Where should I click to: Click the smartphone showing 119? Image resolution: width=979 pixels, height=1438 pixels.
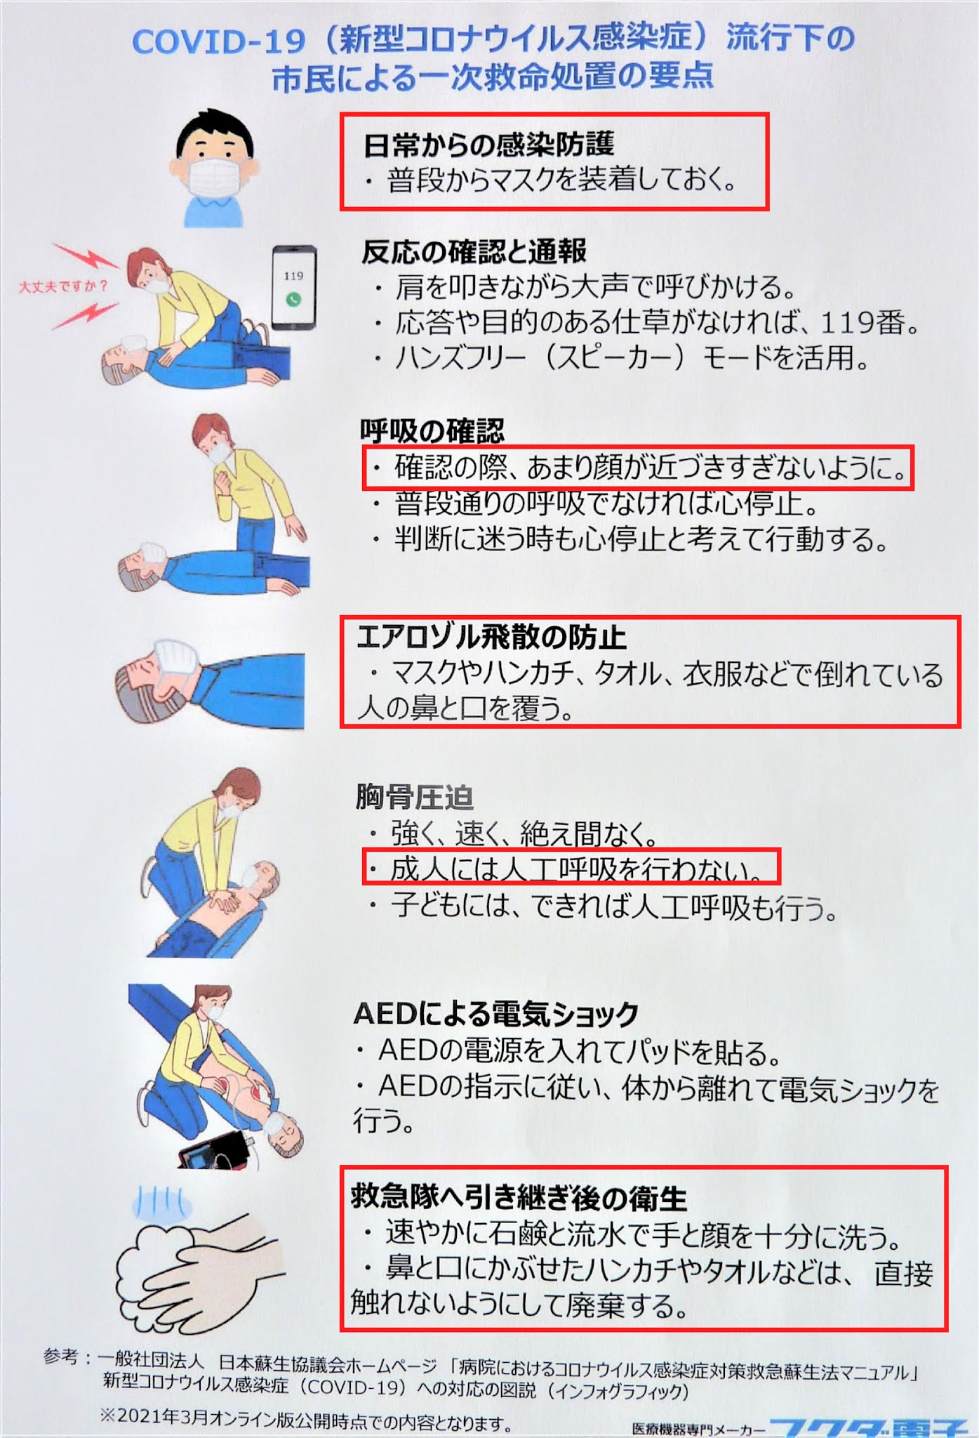293,287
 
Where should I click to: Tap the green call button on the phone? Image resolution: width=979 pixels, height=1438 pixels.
293,300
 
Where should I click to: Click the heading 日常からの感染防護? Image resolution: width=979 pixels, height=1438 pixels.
489,145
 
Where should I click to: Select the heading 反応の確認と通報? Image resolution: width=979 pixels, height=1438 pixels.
474,251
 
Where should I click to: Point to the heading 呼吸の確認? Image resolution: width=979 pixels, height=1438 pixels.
432,431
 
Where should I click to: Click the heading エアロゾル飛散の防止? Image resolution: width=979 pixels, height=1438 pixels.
491,637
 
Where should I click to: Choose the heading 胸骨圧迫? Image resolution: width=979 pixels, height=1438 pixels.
414,798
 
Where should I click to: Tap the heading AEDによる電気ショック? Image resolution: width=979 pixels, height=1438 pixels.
496,1013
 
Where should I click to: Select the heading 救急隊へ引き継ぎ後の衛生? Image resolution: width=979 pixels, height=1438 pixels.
519,1198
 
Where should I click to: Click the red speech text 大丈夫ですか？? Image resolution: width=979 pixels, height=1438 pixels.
63,286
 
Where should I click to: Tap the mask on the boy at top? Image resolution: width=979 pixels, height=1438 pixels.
214,176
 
